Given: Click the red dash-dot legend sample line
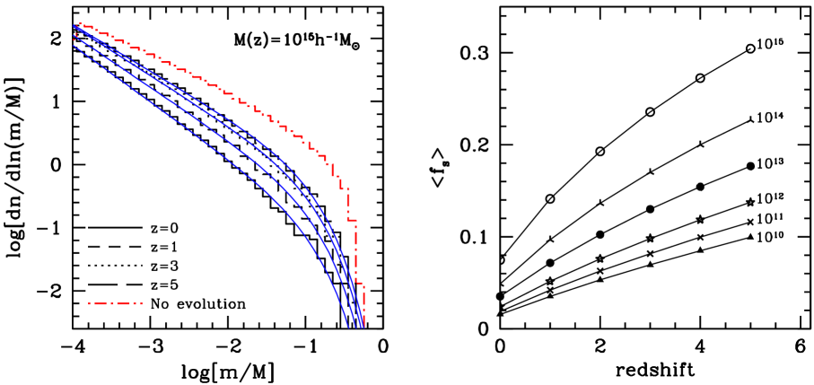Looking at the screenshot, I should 115,303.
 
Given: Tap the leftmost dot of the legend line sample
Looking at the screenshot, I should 89,303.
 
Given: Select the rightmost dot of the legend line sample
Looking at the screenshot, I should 142,303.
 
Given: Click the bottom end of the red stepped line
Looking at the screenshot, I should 363,326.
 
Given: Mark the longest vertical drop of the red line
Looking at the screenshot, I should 356,251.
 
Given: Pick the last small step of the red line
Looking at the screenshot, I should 361,285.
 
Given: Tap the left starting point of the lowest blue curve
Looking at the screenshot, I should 74,46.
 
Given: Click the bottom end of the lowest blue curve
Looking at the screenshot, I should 348,327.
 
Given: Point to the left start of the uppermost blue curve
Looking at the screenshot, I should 74,27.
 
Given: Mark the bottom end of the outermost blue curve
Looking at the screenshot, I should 363,327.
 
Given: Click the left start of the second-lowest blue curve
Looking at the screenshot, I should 74,38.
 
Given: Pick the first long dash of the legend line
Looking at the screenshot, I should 100,303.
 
